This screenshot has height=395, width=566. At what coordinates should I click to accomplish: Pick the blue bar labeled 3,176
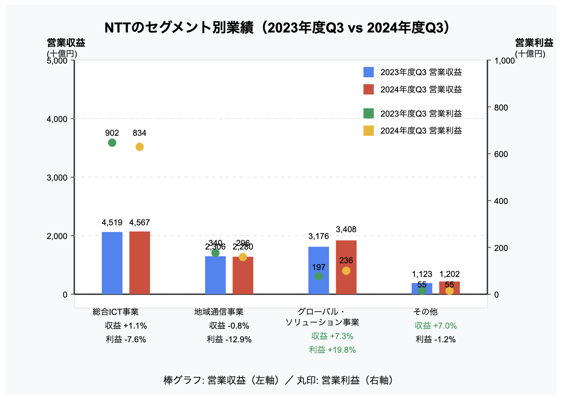pos(318,270)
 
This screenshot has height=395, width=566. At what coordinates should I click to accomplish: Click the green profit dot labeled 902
pos(112,143)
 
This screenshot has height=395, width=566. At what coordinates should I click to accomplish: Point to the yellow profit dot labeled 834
pos(139,147)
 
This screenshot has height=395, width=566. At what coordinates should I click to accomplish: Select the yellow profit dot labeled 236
pos(346,271)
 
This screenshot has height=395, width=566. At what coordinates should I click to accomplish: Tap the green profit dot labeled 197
pos(318,276)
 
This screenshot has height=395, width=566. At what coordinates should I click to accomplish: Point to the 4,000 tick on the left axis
pos(57,119)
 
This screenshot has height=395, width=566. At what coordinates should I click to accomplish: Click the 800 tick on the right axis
pos(501,108)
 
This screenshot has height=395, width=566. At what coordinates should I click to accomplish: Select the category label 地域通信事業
pos(219,312)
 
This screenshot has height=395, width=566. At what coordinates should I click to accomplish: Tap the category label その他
pos(425,312)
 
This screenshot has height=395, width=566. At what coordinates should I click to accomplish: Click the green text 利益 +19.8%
pos(332,350)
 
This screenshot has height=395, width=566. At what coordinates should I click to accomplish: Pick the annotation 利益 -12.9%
pos(229,339)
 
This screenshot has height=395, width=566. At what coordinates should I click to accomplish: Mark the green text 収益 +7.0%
pos(436,326)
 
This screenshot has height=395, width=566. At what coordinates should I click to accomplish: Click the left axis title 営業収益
pos(66,43)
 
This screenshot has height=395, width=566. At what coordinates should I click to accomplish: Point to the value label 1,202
pos(449,274)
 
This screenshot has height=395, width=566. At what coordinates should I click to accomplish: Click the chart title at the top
pos(277,28)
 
